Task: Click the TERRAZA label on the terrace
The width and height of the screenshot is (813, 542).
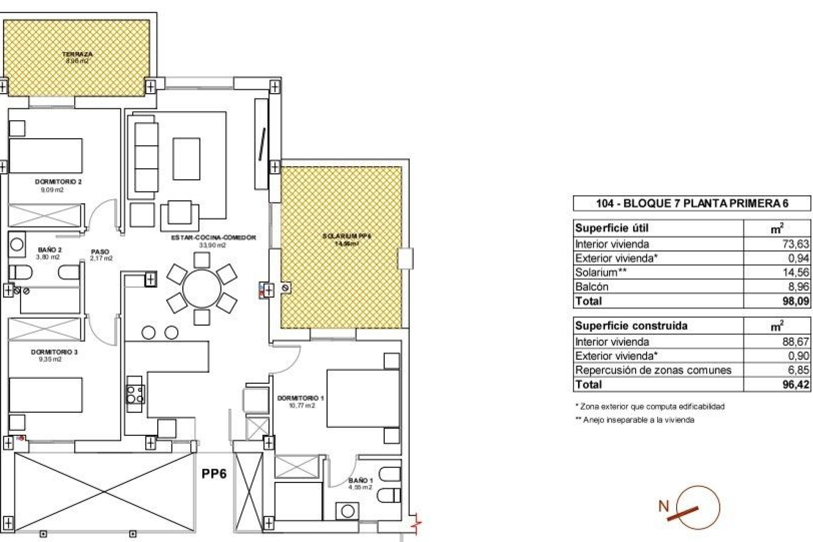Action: pos(77,54)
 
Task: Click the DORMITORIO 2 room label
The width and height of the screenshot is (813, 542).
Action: pos(58,182)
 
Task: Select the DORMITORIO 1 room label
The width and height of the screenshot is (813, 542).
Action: pos(300,398)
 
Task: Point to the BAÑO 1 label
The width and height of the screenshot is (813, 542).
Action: pos(360,481)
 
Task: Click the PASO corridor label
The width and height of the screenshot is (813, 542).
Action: pos(100,252)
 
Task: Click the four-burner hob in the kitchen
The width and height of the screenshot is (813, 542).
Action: pos(135,394)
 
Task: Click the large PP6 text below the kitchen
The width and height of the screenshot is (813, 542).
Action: pos(214,473)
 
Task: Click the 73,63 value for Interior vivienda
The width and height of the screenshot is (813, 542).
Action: pos(795,244)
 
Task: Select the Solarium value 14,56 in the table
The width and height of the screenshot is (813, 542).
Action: pos(796,272)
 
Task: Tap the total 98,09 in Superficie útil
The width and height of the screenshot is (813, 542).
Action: pos(796,301)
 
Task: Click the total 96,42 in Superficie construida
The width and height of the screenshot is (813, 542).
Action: pos(796,384)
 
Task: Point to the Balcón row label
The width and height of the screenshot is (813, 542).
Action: pos(592,287)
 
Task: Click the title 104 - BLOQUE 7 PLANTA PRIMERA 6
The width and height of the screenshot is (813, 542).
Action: pos(692,203)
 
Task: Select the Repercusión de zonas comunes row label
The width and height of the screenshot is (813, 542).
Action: pos(653,370)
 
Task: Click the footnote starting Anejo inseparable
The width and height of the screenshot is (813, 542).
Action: pos(638,420)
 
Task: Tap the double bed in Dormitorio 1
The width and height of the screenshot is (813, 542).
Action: pos(363,398)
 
